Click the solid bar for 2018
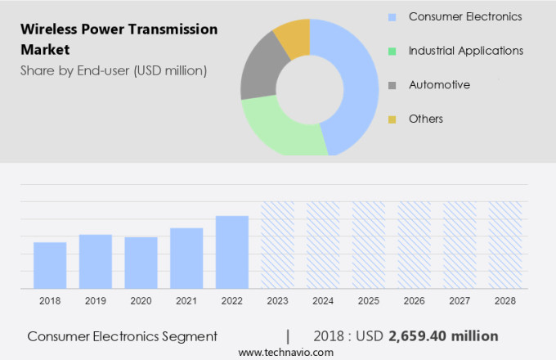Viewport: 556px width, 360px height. (x=50, y=265)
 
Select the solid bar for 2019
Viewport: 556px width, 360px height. (x=96, y=261)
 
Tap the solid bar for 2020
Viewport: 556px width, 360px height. (x=141, y=263)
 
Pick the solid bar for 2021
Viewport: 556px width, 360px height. (x=186, y=258)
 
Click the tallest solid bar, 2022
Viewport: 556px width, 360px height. (x=232, y=252)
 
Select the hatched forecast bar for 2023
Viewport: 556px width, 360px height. (x=277, y=245)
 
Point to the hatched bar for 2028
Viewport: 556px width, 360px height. (x=504, y=245)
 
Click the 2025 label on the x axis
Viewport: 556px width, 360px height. (x=368, y=301)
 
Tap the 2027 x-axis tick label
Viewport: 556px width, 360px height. (x=460, y=301)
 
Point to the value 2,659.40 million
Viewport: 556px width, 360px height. (x=443, y=336)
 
